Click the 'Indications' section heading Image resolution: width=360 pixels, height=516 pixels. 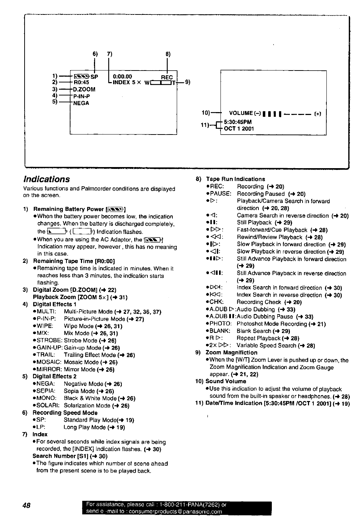point(47,179)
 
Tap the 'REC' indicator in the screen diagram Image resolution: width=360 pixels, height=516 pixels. point(167,77)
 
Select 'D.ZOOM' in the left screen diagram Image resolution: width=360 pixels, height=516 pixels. point(84,89)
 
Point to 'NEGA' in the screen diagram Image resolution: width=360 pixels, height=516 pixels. point(81,103)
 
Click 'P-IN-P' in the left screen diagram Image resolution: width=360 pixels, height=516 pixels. point(81,96)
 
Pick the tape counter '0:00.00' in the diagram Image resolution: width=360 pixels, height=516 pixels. point(123,77)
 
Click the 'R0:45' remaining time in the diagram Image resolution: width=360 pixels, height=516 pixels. point(81,82)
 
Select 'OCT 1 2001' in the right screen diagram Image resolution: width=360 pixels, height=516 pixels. point(239,128)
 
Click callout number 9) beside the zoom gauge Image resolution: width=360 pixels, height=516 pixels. point(187,82)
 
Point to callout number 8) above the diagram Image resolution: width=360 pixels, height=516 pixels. point(168,54)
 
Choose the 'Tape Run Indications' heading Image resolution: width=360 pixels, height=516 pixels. point(235,179)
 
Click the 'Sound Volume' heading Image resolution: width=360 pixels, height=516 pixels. point(226,381)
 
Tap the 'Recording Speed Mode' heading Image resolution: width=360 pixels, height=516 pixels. point(65,413)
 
